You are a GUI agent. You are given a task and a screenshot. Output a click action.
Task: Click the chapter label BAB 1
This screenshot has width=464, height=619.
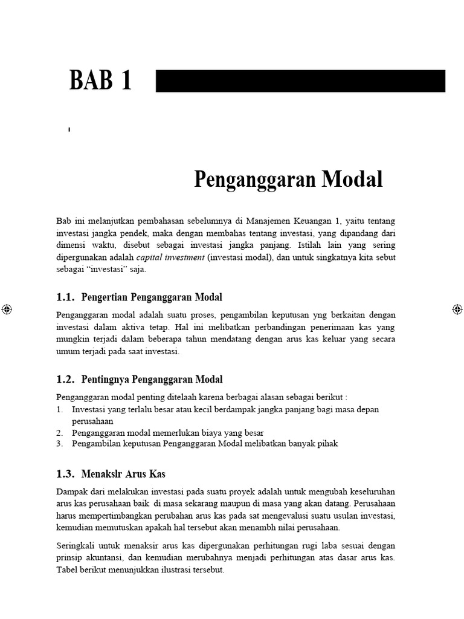coord(100,80)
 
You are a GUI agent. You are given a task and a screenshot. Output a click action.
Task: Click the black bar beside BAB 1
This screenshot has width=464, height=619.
coord(300,81)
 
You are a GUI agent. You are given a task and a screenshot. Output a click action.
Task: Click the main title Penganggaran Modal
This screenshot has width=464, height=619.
coord(288,180)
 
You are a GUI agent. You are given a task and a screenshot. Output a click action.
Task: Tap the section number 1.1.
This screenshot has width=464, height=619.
coord(65,297)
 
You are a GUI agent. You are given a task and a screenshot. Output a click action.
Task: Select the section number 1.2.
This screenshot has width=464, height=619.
coord(65,380)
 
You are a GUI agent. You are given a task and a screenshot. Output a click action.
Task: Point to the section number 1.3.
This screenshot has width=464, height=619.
coord(65,474)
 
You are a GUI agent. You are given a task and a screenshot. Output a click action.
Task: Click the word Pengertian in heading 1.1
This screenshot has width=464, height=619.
coord(103,297)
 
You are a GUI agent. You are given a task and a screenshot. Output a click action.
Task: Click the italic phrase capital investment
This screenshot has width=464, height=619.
coord(170,258)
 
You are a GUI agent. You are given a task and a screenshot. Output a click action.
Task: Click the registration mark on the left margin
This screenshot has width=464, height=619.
coord(7,309)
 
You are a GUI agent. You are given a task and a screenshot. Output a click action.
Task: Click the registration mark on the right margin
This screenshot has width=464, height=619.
coord(457,309)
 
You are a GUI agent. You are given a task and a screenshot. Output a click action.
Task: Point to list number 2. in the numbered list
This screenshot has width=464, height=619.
coord(60,432)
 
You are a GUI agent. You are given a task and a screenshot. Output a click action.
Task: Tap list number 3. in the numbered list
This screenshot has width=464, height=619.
coord(60,443)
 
